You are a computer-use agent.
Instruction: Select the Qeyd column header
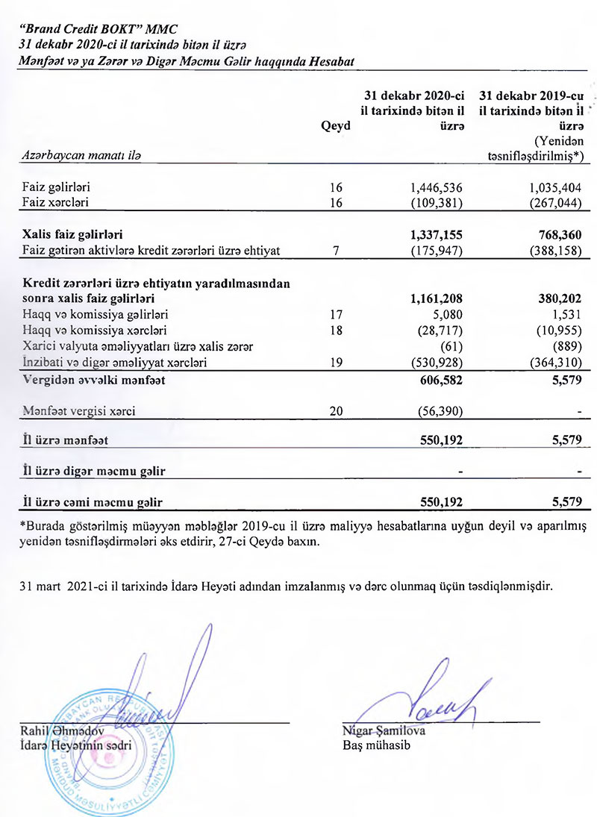pyautogui.click(x=335, y=126)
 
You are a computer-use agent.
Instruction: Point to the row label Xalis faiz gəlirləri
pyautogui.click(x=72, y=235)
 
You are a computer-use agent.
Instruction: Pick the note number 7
pyautogui.click(x=336, y=250)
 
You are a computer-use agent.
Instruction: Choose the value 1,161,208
pyautogui.click(x=437, y=299)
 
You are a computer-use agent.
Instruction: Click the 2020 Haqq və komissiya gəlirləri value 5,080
pyautogui.click(x=447, y=315)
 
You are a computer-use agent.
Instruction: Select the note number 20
pyautogui.click(x=336, y=410)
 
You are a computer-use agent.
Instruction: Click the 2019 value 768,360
pyautogui.click(x=552, y=235)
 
